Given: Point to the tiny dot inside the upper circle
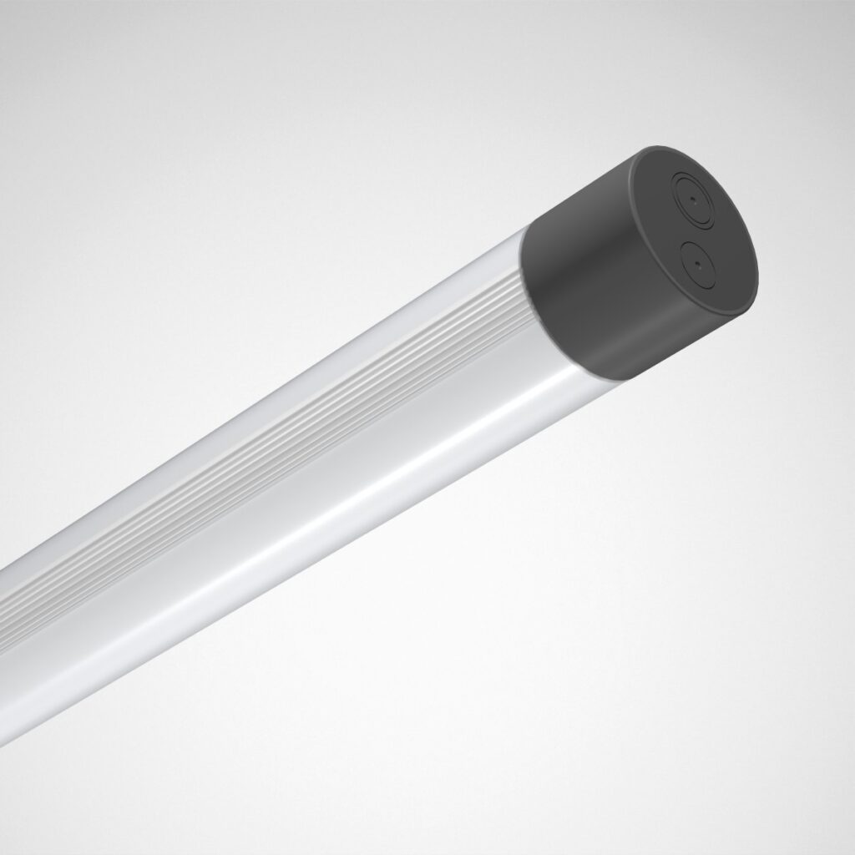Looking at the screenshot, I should coord(693,201).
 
